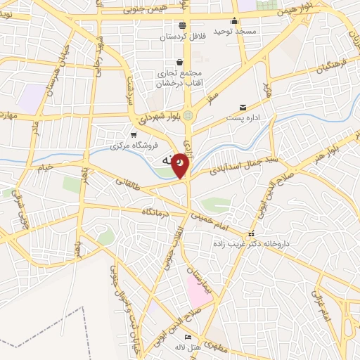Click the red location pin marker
[181, 165]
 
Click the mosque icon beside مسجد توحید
[235, 20]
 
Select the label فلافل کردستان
[181, 37]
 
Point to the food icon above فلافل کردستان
[182, 25]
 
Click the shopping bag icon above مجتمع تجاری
[180, 62]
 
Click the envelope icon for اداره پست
[243, 108]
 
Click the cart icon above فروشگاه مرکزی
[134, 134]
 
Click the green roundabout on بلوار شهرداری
[188, 115]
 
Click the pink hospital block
[198, 290]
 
